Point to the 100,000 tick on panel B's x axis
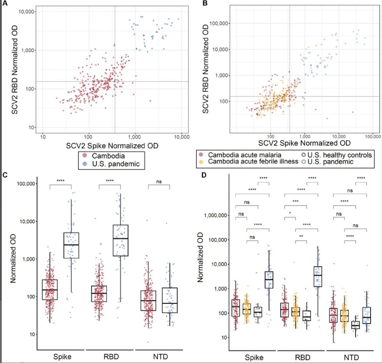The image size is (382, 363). pyautogui.click(x=372, y=136)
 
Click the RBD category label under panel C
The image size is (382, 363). pyautogui.click(x=111, y=356)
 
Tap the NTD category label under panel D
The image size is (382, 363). pyautogui.click(x=349, y=356)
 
